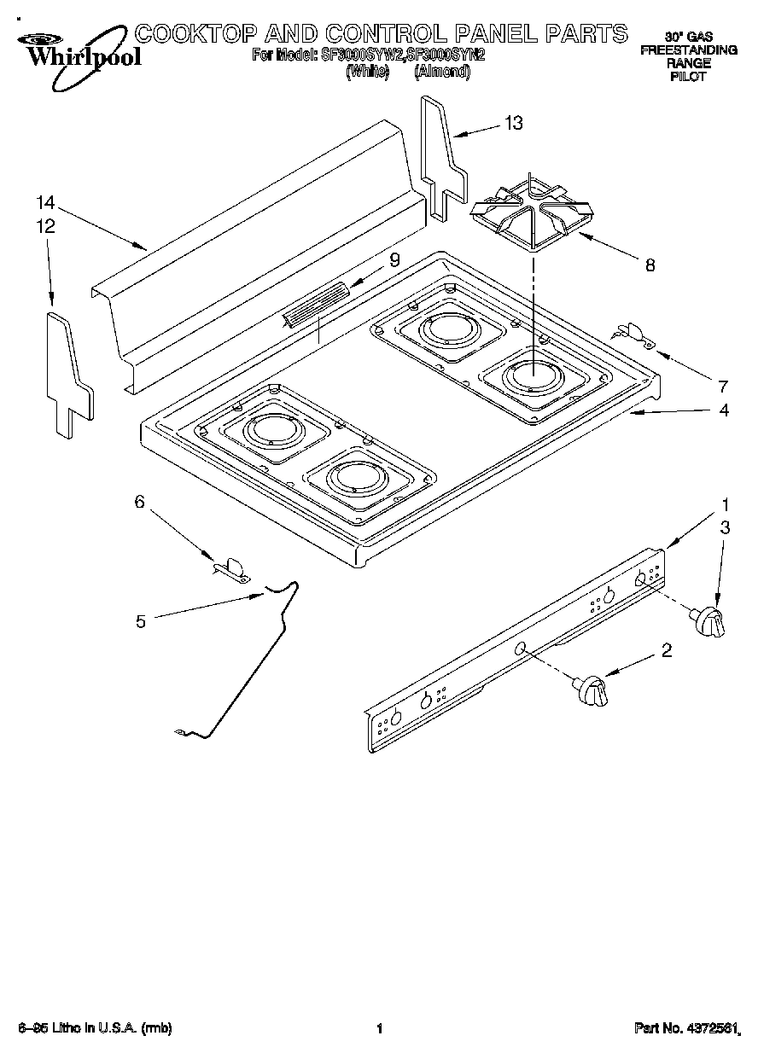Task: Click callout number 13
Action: [x=513, y=123]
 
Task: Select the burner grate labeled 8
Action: [x=529, y=214]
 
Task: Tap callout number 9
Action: [x=394, y=261]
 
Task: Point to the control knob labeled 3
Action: [x=710, y=622]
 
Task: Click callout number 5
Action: [x=141, y=621]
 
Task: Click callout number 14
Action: [x=45, y=203]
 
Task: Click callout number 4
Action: [x=723, y=410]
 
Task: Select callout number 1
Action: [x=725, y=503]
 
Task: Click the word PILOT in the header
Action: [x=688, y=77]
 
